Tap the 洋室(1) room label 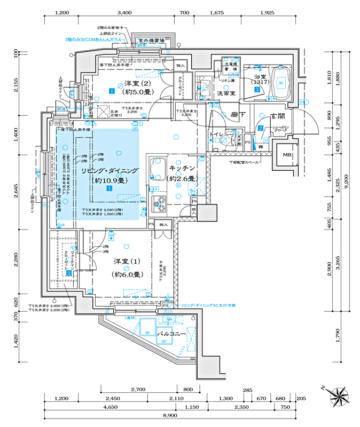[x=127, y=262]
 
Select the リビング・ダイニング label [x=109, y=171]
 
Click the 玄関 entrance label [x=278, y=116]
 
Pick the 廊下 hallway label [x=238, y=115]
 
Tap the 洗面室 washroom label [x=227, y=93]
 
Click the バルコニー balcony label [x=171, y=334]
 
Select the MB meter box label [x=287, y=155]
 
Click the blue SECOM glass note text [x=93, y=39]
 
